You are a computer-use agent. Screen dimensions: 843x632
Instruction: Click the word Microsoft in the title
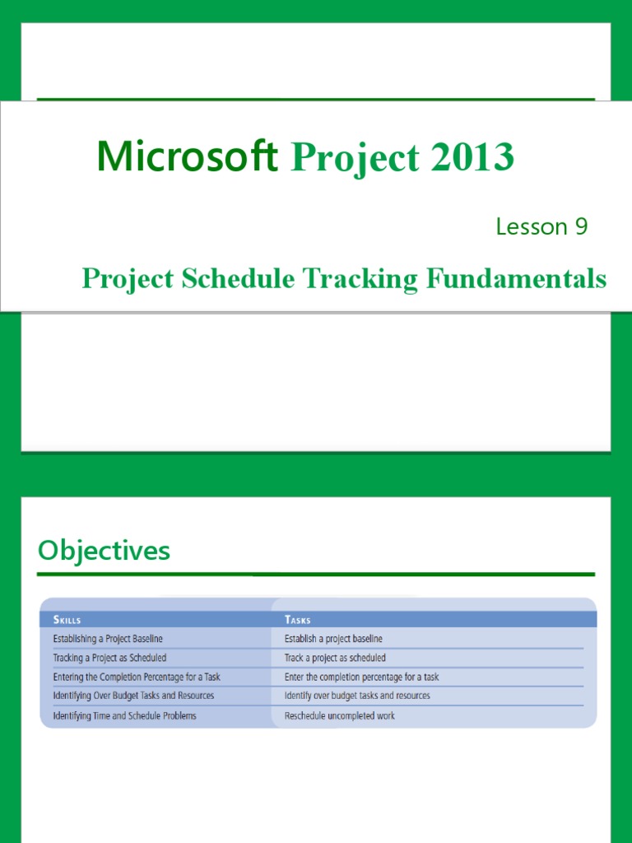click(188, 156)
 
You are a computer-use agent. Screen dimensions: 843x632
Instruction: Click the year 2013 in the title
click(471, 156)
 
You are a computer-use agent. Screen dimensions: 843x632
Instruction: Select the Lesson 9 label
click(541, 226)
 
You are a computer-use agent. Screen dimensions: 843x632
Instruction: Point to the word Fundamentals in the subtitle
click(516, 279)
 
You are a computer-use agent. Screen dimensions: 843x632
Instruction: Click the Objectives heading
click(104, 551)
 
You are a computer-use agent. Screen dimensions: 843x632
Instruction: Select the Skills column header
click(67, 620)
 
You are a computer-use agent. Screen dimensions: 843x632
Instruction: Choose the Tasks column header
click(298, 620)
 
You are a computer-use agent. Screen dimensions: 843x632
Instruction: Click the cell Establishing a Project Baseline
click(108, 639)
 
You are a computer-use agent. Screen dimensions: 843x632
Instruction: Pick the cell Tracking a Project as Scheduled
click(109, 658)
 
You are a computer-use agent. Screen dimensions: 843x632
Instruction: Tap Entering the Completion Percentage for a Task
click(137, 677)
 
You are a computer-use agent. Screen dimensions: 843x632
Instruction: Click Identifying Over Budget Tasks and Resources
click(133, 696)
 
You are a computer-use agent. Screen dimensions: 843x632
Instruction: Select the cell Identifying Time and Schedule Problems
click(124, 716)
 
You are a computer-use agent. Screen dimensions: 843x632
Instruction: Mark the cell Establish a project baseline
click(333, 639)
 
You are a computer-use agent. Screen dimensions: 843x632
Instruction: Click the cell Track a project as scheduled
click(335, 658)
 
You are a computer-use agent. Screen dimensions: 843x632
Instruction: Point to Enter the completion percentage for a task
click(361, 677)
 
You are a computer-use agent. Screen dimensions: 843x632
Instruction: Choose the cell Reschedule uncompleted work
click(340, 716)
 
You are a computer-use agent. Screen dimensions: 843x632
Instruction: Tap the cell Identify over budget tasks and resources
click(357, 696)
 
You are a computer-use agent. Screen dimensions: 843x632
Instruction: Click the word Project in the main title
click(350, 156)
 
